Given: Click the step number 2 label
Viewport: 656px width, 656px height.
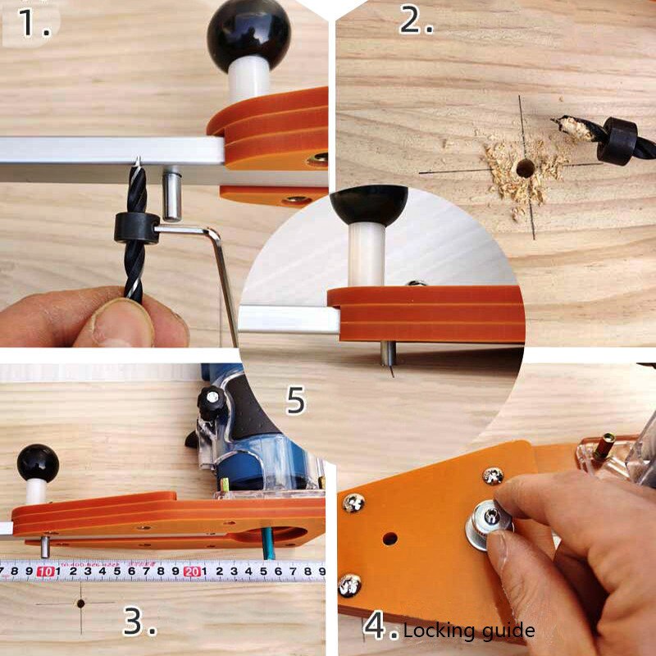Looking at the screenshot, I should coord(416,20).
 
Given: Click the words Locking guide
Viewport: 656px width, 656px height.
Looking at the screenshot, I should coord(469,631).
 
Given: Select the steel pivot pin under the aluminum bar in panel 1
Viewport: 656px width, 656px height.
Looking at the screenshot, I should coord(171,197).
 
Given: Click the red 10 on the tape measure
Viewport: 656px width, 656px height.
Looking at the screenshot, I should coord(46,572).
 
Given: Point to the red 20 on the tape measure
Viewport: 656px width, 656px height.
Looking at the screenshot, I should coord(192,572).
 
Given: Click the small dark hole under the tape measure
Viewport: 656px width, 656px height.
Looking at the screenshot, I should coord(80,603).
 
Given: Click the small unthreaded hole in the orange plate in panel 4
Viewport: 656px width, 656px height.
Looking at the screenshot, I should coord(389,540).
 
